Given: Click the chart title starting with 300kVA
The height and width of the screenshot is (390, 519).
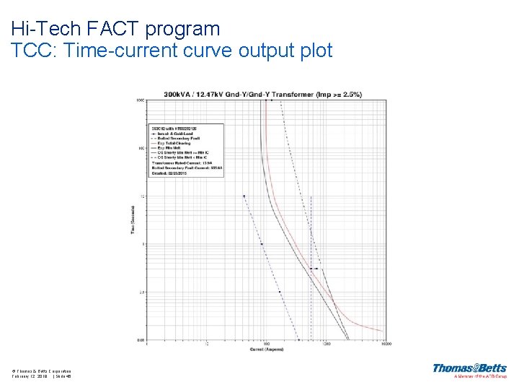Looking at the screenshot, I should pos(262,95).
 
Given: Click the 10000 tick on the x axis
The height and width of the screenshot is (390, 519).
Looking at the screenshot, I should pos(386,344).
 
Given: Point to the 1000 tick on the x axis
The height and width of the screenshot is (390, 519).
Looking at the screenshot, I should pos(327,344).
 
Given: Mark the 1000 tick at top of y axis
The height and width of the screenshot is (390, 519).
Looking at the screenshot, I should pos(141,100).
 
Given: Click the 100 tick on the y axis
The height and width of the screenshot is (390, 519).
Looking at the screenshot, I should pos(142,148).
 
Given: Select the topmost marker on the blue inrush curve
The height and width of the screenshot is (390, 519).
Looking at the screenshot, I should pos(244,196).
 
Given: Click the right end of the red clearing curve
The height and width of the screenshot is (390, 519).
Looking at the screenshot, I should pos(382,330).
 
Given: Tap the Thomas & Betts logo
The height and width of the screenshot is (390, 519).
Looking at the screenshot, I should pos(469,369).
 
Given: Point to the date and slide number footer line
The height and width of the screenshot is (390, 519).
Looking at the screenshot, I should pos(41,376).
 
